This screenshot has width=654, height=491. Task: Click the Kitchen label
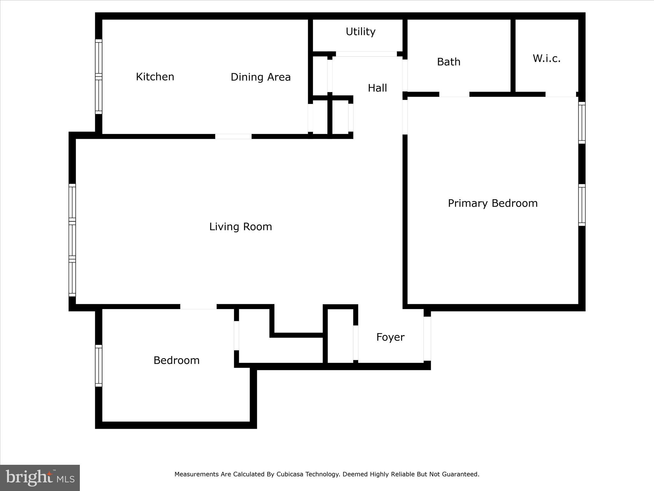155,77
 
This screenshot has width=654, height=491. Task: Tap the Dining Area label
261,77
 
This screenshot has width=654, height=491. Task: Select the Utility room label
361,32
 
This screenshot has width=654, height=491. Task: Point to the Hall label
377,88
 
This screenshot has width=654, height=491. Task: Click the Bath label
448,62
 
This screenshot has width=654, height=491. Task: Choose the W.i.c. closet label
546,58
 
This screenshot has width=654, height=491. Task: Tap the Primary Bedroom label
492,203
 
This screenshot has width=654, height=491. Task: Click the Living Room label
240,227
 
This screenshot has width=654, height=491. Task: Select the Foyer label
390,337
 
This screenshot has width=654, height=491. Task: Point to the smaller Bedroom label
176,360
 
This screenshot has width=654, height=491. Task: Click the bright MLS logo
40,478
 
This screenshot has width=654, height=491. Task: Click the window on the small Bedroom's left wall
99,366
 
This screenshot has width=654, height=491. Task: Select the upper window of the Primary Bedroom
582,123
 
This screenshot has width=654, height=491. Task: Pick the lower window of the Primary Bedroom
582,205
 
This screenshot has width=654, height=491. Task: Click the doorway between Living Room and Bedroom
198,307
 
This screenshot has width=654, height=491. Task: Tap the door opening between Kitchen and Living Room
233,136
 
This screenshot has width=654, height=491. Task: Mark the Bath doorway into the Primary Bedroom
454,94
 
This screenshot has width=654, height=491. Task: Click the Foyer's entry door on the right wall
427,339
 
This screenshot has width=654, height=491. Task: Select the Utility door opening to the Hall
366,54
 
